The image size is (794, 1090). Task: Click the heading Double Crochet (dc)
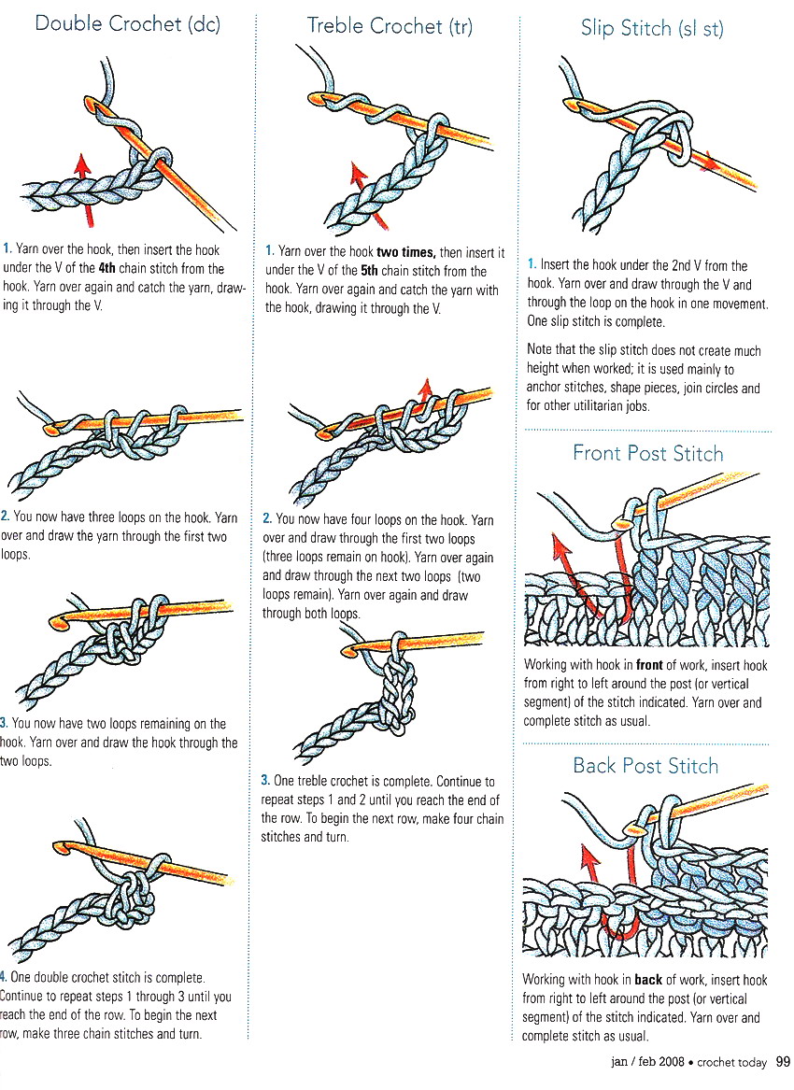pos(127,23)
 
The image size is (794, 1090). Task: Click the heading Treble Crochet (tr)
pos(390,26)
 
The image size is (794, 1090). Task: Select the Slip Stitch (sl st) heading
pos(652,28)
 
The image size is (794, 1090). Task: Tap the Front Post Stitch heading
pos(647,454)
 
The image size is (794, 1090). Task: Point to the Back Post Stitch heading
pos(645,766)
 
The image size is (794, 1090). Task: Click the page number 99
pos(783,1062)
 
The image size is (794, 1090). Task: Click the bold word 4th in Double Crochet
pos(106,269)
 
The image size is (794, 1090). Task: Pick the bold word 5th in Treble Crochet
pos(374,272)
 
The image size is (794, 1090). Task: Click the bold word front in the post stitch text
pos(649,666)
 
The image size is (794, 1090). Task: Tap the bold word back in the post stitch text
pos(648,980)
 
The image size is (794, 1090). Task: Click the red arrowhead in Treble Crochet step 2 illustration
pos(427,387)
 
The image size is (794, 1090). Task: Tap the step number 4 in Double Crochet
pos(4,978)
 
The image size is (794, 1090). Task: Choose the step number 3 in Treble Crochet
pos(265,781)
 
